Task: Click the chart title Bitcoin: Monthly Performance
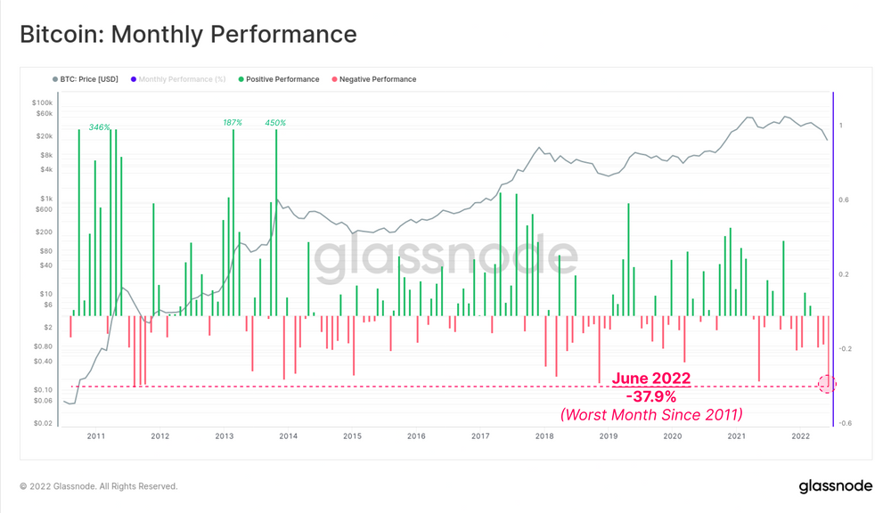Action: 188,35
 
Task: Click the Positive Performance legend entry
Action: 278,79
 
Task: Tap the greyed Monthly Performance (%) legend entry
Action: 177,79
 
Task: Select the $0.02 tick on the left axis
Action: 44,423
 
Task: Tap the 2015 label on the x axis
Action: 352,436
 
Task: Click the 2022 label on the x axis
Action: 800,436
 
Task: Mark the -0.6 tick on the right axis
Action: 845,423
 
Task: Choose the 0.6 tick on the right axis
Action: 843,200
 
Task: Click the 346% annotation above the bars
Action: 100,127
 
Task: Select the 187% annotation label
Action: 233,122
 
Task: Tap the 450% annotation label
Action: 275,122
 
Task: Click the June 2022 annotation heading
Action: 650,379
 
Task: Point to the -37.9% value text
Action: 650,395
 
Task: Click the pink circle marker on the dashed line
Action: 828,384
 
